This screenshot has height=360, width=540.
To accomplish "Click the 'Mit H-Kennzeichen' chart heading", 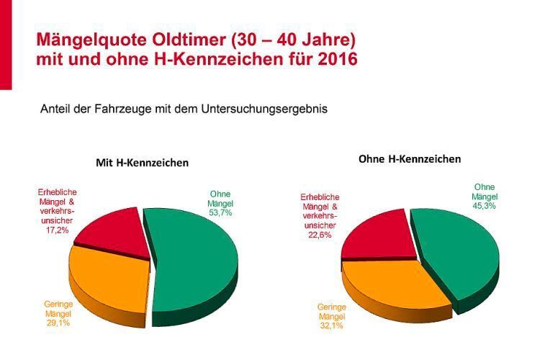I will point(143,163).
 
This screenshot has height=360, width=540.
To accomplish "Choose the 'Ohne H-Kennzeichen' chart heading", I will point(410,158).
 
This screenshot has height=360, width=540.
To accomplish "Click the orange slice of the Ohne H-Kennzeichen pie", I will point(389,284).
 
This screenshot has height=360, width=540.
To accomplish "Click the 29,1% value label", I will point(57,323).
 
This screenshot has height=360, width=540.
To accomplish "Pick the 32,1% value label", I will point(332,326).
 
